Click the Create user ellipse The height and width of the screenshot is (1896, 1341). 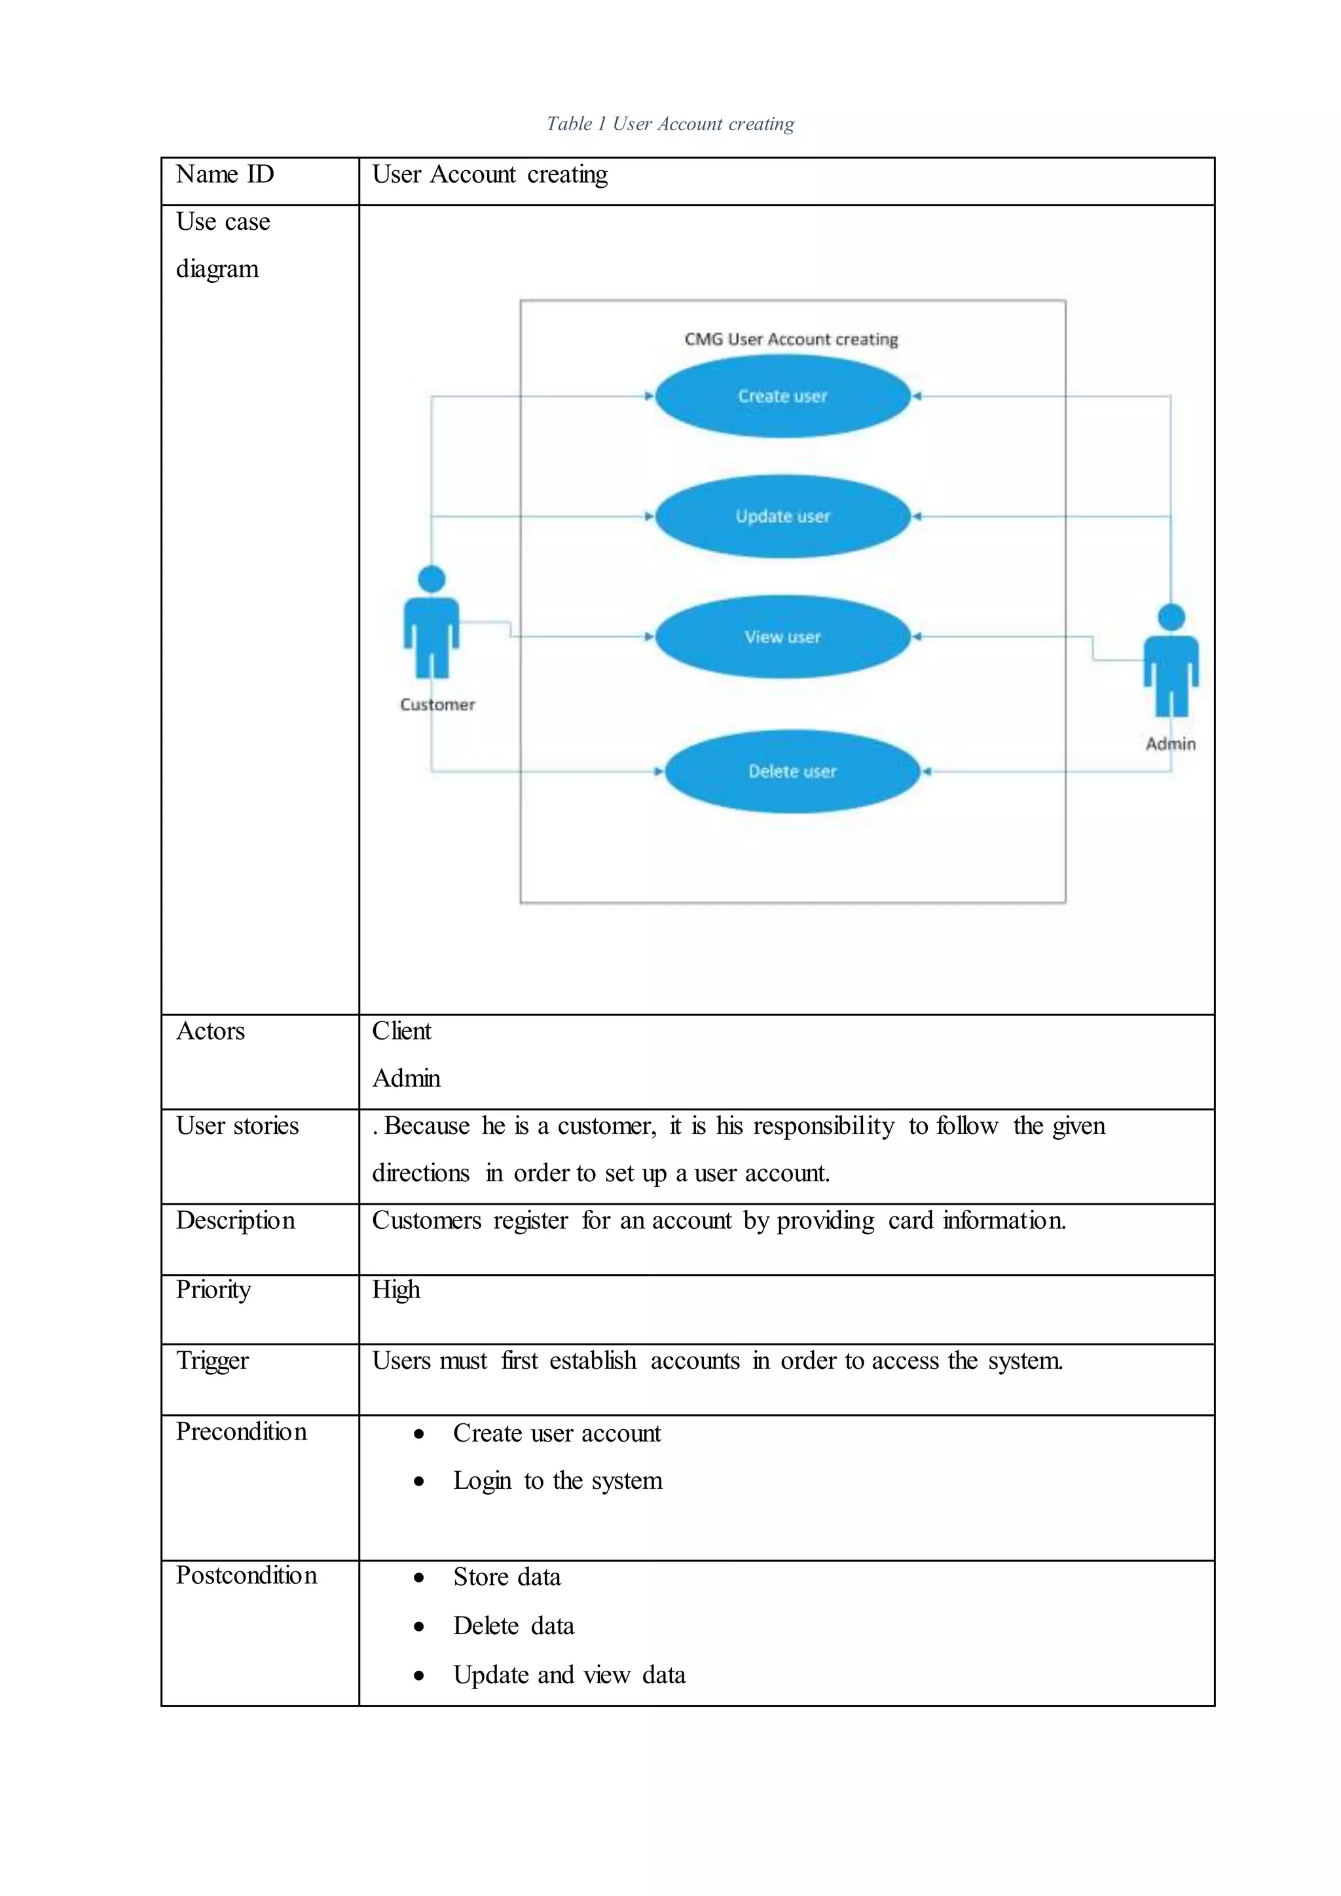[782, 396]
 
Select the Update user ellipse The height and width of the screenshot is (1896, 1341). [782, 516]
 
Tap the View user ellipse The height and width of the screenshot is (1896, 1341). [782, 636]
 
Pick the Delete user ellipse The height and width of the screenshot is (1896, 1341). [792, 771]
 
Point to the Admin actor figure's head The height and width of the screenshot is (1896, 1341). [1171, 617]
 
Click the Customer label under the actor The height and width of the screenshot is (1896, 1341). [437, 704]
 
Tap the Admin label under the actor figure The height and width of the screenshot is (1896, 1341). [1170, 743]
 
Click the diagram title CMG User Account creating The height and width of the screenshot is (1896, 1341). [791, 339]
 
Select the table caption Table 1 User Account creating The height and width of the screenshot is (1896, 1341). [670, 124]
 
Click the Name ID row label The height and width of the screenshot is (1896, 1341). [225, 175]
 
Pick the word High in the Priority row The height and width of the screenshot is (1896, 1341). [395, 1290]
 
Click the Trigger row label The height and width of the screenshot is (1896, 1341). [212, 1361]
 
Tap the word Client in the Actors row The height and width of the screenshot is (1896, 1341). [401, 1031]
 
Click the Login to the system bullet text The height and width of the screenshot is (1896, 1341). [557, 1481]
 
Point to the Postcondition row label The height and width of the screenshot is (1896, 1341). [246, 1576]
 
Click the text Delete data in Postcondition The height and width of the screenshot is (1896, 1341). [513, 1626]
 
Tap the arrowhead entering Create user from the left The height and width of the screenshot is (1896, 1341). [649, 396]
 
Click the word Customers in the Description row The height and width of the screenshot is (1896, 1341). [426, 1220]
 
